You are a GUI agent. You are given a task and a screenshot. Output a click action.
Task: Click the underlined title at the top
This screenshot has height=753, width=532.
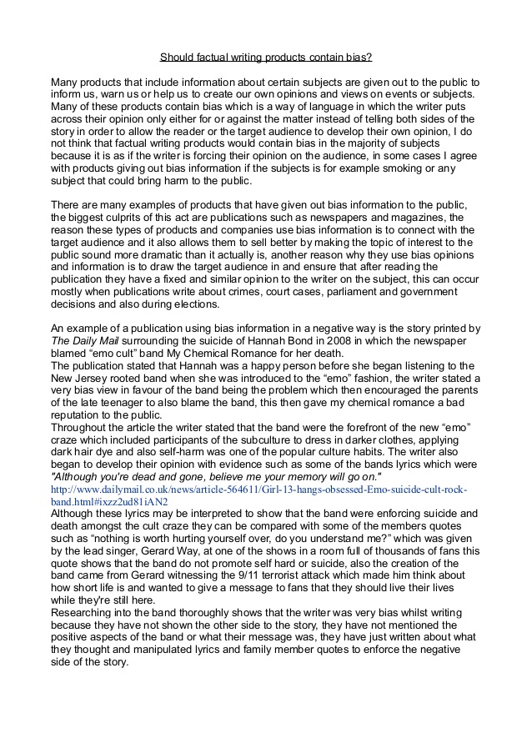(x=266, y=58)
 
